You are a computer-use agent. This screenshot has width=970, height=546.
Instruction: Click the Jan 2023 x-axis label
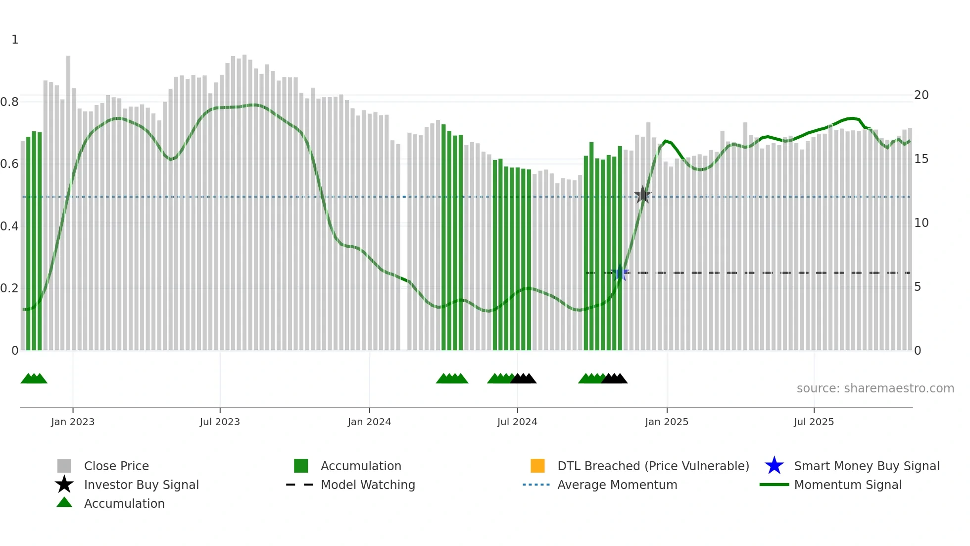[x=73, y=422]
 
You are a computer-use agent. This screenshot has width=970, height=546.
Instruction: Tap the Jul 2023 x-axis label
[x=220, y=422]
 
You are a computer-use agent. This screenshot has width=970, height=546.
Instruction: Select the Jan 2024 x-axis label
[x=369, y=422]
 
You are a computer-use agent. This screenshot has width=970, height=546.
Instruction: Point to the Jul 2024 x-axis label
[x=517, y=422]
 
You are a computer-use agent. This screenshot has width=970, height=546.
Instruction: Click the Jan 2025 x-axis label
[x=667, y=422]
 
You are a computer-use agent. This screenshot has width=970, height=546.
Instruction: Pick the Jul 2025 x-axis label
[x=814, y=422]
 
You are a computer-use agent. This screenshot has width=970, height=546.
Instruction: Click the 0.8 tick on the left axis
[x=9, y=102]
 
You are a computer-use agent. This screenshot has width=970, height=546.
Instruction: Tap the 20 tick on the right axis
[x=921, y=95]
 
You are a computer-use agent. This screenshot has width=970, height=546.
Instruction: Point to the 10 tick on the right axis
[x=921, y=223]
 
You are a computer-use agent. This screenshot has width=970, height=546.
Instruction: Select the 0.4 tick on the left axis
[x=9, y=226]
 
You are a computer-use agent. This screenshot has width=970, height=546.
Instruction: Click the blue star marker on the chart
[x=620, y=273]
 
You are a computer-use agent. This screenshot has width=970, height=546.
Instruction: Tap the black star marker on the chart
[x=642, y=195]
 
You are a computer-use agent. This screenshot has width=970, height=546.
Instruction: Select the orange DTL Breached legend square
[x=537, y=466]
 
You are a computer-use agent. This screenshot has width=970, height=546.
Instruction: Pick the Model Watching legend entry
[x=368, y=485]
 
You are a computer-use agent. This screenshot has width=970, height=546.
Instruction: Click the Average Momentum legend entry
[x=617, y=485]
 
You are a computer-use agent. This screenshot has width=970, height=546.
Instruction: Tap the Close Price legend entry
[x=116, y=466]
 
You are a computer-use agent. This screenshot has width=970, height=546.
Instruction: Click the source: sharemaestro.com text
[x=875, y=388]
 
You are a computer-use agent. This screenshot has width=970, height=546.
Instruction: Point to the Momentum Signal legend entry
[x=847, y=485]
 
